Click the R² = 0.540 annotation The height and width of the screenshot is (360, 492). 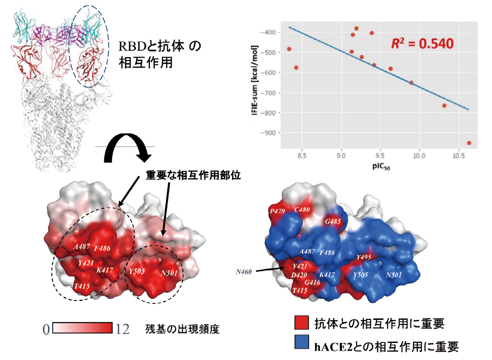(421, 44)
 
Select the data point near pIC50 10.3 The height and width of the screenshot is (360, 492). (444, 106)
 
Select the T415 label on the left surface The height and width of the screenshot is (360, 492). (82, 286)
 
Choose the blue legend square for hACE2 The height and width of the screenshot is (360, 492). (301, 343)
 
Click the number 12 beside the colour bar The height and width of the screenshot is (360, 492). (123, 328)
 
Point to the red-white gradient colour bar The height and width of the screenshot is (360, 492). (82, 328)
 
